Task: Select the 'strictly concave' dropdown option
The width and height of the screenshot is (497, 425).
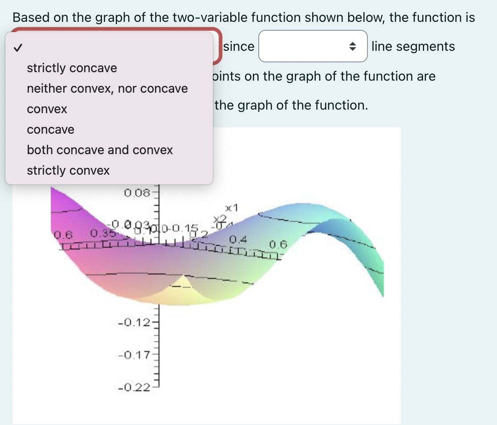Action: click(72, 68)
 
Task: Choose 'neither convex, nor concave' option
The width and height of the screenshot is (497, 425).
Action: click(107, 89)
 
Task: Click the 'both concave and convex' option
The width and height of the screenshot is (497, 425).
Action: click(100, 150)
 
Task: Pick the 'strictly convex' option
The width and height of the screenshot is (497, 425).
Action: click(68, 171)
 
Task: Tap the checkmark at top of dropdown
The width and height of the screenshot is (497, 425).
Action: click(17, 47)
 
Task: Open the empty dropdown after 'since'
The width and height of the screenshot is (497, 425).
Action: click(313, 46)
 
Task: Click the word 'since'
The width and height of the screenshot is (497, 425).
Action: click(239, 46)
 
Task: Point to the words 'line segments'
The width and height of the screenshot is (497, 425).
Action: click(413, 46)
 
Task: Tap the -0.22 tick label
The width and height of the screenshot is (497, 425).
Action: click(132, 388)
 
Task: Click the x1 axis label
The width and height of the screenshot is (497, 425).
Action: click(232, 207)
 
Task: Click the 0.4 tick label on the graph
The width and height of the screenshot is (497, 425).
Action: click(238, 240)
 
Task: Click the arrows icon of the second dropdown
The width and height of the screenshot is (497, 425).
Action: click(352, 46)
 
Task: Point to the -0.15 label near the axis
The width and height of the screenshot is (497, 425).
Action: click(184, 229)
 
